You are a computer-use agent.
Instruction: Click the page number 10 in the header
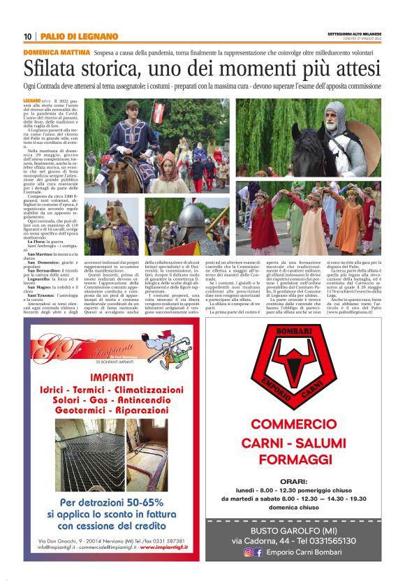tap(27, 36)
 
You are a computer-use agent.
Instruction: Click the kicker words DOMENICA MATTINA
tap(57, 52)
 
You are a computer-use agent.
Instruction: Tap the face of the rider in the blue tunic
tap(133, 110)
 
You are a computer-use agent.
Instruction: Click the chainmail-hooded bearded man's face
tap(338, 112)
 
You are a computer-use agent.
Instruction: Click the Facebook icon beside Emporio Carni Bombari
tap(258, 552)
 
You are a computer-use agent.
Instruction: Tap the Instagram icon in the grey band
tap(248, 552)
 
